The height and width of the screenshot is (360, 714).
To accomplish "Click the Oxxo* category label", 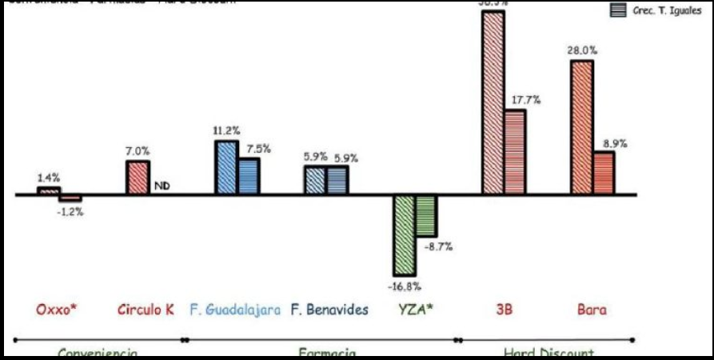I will coord(57,309).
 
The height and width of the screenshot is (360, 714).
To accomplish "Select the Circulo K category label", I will coord(146,309).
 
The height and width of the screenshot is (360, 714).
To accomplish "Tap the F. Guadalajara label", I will coord(235,309).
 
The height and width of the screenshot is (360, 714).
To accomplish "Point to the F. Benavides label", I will coord(329,309).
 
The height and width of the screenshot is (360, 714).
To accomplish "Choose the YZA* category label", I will coord(413,309).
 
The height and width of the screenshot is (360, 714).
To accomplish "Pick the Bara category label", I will coord(592,309).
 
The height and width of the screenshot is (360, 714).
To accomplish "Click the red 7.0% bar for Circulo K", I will coord(138,178).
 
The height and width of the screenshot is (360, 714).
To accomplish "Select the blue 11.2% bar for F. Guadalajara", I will coord(226,167).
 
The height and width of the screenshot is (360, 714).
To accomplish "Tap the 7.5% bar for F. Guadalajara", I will coord(249,176).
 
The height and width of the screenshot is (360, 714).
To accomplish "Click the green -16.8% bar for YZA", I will coord(404,235).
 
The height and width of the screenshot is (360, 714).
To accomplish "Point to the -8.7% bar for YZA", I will coord(425,214).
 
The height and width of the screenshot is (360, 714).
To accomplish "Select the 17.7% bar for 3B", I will coord(515,152).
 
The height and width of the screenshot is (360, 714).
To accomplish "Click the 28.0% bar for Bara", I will coord(581,127).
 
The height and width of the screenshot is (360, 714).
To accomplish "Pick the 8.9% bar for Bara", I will coord(604,173).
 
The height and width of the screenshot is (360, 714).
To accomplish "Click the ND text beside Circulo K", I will coord(162,187).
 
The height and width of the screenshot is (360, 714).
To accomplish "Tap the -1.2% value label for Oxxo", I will coord(71,212).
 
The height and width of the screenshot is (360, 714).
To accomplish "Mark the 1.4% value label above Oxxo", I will coord(49,178).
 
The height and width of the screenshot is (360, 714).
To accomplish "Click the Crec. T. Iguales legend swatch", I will coord(618,10).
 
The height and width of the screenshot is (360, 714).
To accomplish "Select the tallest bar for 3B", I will coord(493,102).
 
